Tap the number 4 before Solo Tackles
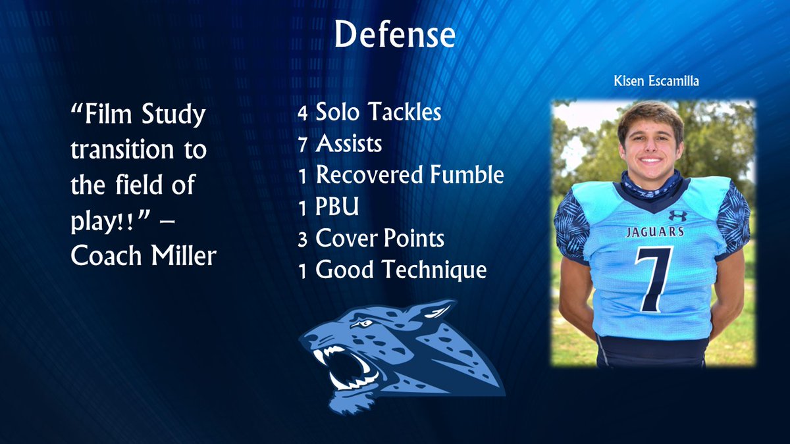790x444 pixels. (x=302, y=113)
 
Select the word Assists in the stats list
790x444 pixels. (x=348, y=143)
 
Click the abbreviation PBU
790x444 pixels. (x=338, y=207)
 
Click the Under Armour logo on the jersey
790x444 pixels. (x=677, y=216)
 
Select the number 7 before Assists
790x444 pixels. (x=302, y=144)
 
